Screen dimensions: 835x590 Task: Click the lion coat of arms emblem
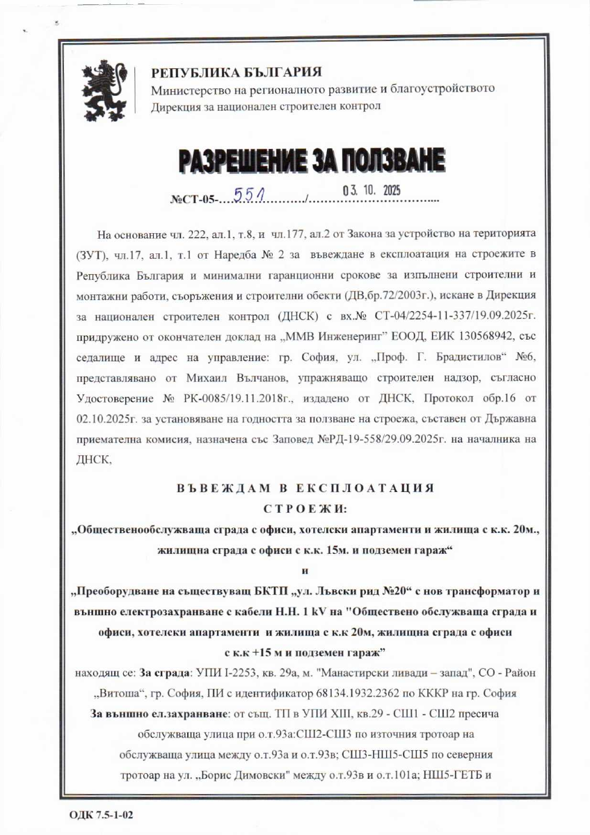[105, 90]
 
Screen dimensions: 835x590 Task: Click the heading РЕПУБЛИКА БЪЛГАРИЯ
[236, 72]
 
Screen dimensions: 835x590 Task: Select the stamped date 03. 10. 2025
[372, 190]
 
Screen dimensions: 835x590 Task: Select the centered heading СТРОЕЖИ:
[306, 509]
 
